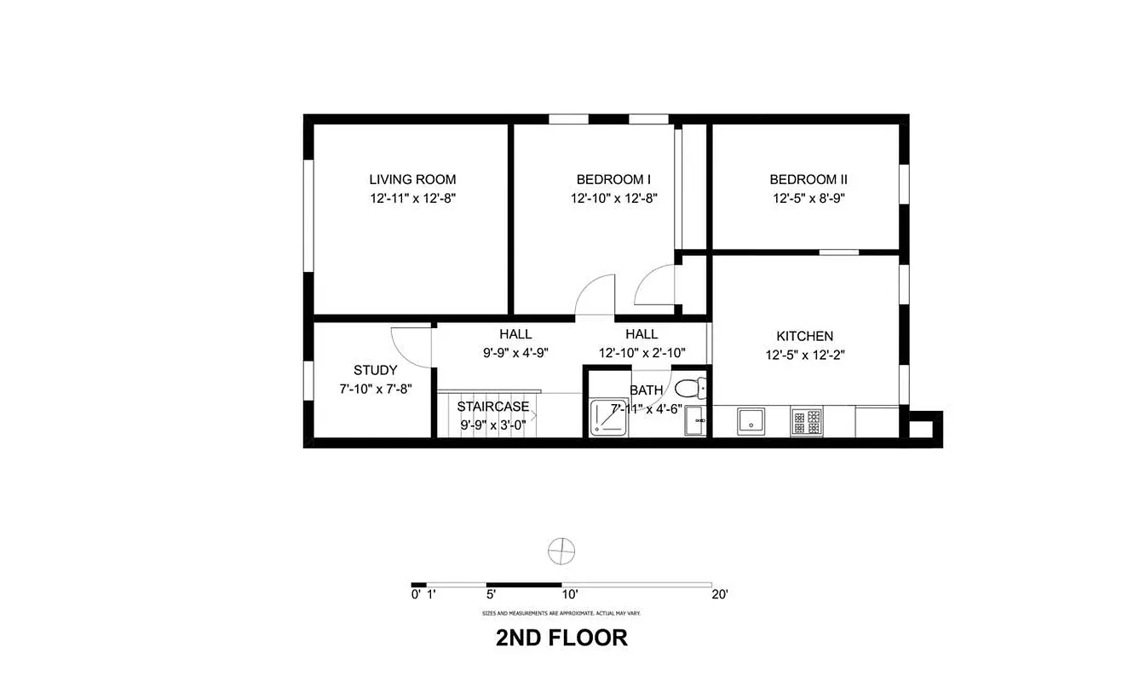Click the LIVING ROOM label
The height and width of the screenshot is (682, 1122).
[412, 179]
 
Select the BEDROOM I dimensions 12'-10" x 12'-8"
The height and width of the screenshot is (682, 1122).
[613, 198]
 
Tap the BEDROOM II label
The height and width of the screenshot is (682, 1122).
[808, 179]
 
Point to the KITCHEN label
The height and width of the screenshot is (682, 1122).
[804, 336]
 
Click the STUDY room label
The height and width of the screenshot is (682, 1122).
[375, 370]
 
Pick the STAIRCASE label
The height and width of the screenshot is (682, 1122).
[492, 407]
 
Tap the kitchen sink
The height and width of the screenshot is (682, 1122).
[751, 420]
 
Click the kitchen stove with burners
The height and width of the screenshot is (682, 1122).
[807, 420]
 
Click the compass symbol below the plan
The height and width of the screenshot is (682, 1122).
[561, 551]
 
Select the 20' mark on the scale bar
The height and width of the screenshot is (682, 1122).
[719, 595]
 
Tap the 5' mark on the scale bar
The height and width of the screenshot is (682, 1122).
[492, 595]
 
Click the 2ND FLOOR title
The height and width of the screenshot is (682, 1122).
[561, 637]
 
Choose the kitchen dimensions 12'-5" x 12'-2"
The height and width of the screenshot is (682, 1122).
[804, 355]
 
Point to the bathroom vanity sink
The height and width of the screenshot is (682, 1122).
[696, 422]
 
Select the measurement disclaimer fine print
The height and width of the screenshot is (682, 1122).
[561, 613]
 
